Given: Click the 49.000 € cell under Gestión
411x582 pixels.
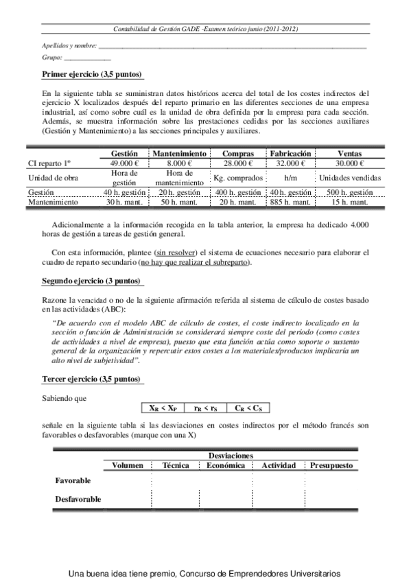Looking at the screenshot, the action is [124, 163].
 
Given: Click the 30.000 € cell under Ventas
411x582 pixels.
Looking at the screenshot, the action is [350, 163].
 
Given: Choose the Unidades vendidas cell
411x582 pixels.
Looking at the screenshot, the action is [350, 178].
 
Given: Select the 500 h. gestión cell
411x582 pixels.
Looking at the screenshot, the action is [350, 193].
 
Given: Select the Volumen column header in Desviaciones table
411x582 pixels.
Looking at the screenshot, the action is [128, 465].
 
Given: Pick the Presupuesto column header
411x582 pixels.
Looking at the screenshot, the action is [331, 465].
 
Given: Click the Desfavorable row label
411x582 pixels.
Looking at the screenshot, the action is [78, 499].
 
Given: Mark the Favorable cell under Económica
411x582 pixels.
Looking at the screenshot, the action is [226, 480].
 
